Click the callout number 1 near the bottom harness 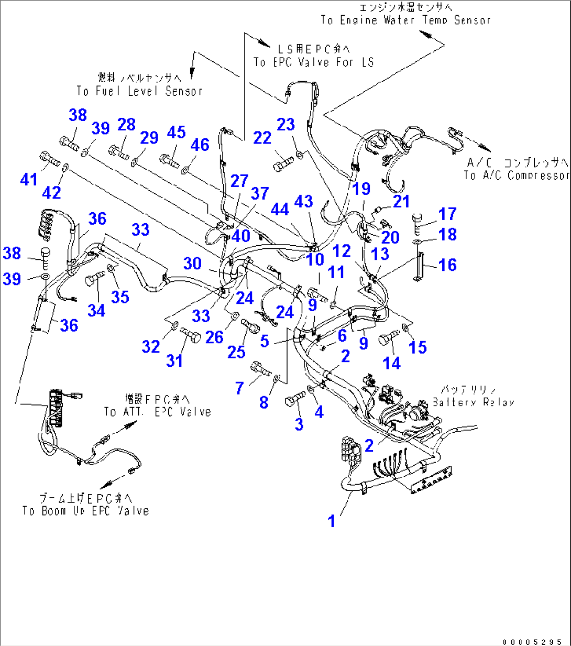click(332, 521)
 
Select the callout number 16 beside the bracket click(447, 265)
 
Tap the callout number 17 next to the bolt click(447, 214)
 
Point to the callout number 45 click(176, 132)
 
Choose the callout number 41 click(29, 179)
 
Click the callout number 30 click(192, 263)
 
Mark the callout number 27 click(239, 181)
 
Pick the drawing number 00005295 click(532, 642)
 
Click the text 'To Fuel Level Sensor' click(139, 91)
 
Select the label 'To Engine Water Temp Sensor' click(406, 20)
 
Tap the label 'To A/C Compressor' click(516, 176)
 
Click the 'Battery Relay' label click(474, 402)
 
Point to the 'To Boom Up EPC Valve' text click(85, 511)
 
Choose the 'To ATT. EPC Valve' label click(157, 412)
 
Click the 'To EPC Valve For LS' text click(313, 62)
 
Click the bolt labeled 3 click(295, 400)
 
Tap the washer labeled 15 click(405, 328)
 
